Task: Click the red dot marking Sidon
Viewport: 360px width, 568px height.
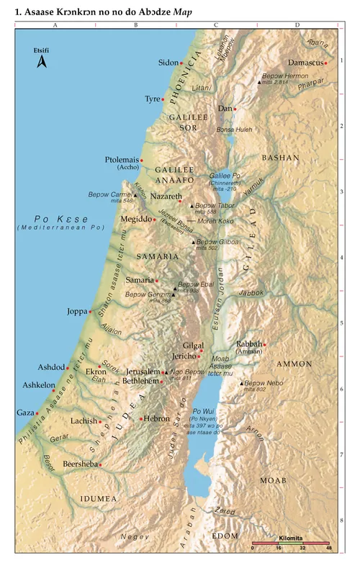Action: [181, 63]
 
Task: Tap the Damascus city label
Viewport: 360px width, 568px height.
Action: [304, 63]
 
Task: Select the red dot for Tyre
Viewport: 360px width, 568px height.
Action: [164, 99]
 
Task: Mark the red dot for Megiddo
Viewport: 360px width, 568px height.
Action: [154, 220]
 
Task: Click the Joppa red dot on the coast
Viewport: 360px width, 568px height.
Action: [90, 312]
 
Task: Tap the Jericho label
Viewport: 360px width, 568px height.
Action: [185, 356]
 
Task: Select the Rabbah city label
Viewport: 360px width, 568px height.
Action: [249, 343]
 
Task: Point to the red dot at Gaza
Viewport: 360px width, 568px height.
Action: [35, 413]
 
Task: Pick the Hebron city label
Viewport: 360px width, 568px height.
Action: [156, 418]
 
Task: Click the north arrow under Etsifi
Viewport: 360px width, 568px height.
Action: [41, 63]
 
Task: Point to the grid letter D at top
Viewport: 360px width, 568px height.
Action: [297, 25]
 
